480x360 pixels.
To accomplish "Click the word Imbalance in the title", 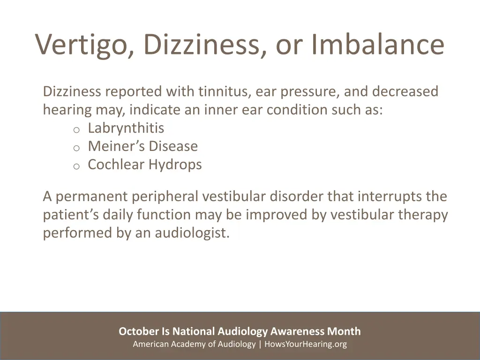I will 377,45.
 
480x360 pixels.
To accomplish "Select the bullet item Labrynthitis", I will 126,128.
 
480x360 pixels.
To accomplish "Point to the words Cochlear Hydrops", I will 144,165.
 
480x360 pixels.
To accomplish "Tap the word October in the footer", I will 139,331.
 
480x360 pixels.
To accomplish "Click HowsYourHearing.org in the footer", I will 306,345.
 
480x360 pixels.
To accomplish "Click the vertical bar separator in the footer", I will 260,345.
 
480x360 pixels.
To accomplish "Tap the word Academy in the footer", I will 180,345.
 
